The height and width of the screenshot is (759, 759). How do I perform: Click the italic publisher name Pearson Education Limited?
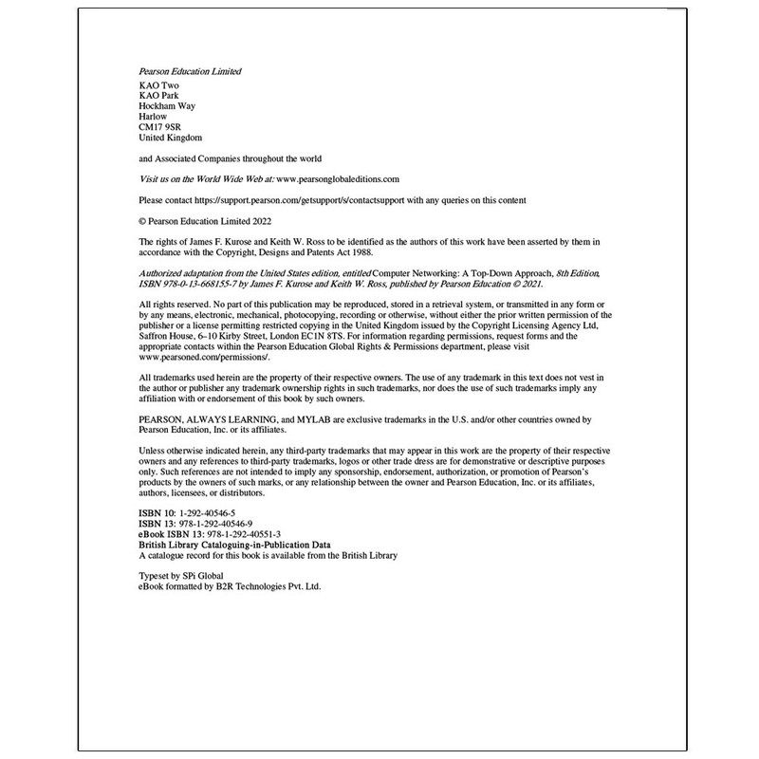[x=190, y=72]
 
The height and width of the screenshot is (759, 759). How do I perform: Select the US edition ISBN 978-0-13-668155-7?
[x=195, y=280]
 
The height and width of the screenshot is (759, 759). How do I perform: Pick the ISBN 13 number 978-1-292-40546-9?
[x=223, y=524]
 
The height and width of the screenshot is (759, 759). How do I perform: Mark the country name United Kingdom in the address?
[x=171, y=138]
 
